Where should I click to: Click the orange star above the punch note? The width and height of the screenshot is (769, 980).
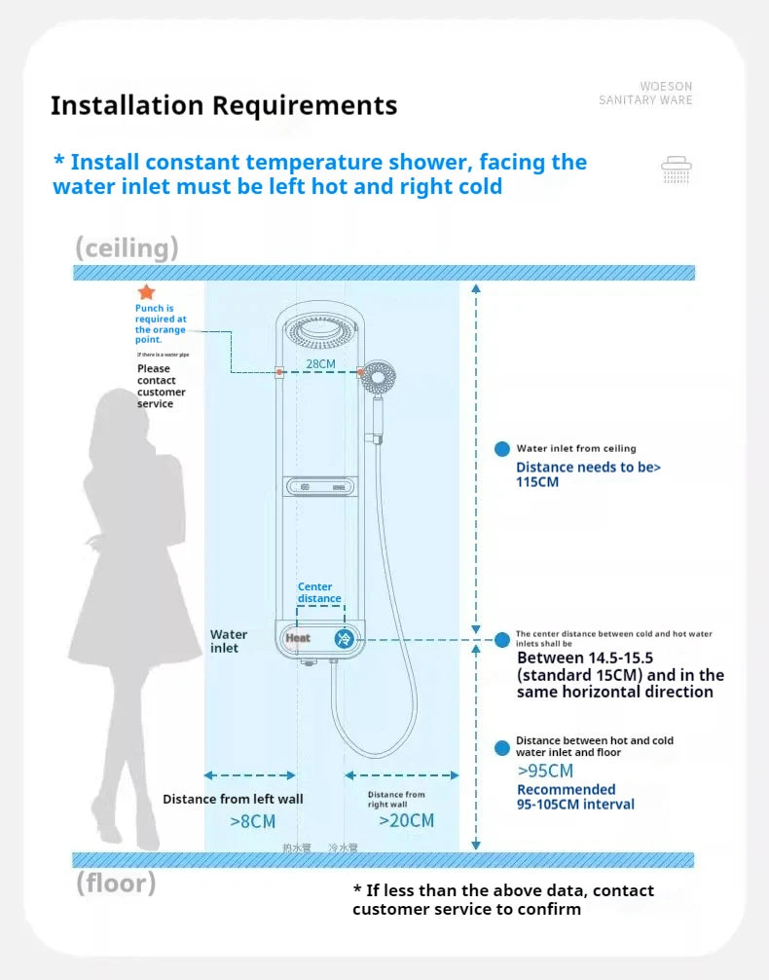[146, 292]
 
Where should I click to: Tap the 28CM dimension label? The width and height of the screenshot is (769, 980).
[320, 363]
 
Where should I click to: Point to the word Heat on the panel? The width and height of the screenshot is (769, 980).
[298, 638]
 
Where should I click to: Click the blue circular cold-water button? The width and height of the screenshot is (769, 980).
[344, 639]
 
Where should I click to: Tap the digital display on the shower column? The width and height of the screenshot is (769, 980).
[320, 486]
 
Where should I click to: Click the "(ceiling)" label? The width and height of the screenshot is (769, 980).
[127, 247]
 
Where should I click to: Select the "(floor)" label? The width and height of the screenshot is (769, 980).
[116, 884]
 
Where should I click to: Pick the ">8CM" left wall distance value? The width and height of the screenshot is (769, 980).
[253, 821]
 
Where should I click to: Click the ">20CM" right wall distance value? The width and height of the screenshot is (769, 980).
[406, 820]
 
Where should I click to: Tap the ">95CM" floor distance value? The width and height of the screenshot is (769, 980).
[545, 772]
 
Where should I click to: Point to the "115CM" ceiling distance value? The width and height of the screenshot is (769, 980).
[537, 482]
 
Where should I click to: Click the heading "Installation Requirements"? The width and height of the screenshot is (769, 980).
[224, 105]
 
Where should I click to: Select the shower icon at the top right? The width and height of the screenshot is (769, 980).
[677, 170]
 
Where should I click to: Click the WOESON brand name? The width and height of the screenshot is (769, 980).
[666, 87]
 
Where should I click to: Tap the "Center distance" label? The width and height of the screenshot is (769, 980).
[318, 592]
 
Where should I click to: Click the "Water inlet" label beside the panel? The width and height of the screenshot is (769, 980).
[229, 641]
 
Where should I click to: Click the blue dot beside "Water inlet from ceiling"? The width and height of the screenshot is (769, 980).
[502, 449]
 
